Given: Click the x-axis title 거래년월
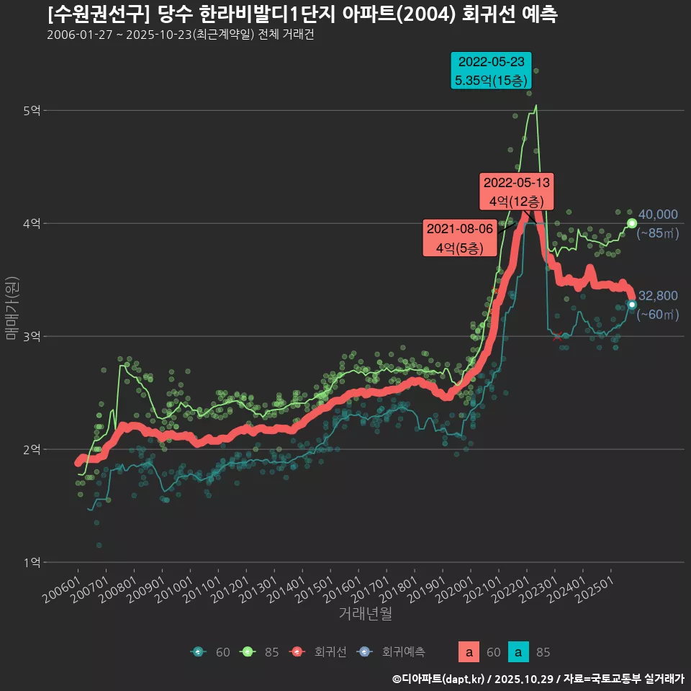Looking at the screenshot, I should (365, 614).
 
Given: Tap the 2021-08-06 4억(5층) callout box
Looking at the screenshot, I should (459, 238).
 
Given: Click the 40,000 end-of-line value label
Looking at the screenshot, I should (658, 214).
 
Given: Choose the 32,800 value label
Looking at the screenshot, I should (658, 296).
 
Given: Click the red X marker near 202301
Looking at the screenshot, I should (558, 336).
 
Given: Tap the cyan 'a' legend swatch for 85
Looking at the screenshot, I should (518, 652).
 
